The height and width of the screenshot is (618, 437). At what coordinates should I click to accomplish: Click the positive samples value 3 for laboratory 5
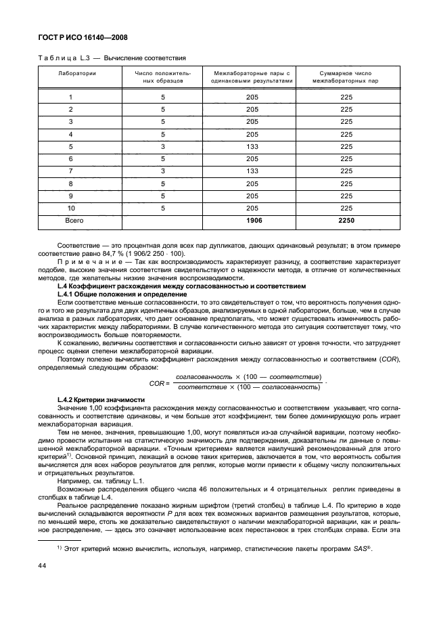point(162,146)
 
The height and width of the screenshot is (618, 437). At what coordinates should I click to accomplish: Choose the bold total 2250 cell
point(346,220)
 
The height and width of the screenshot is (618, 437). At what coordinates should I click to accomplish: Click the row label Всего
point(74,220)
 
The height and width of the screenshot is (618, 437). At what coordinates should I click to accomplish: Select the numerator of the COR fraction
point(248,376)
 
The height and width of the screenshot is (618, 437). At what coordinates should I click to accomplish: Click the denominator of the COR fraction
point(248,387)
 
